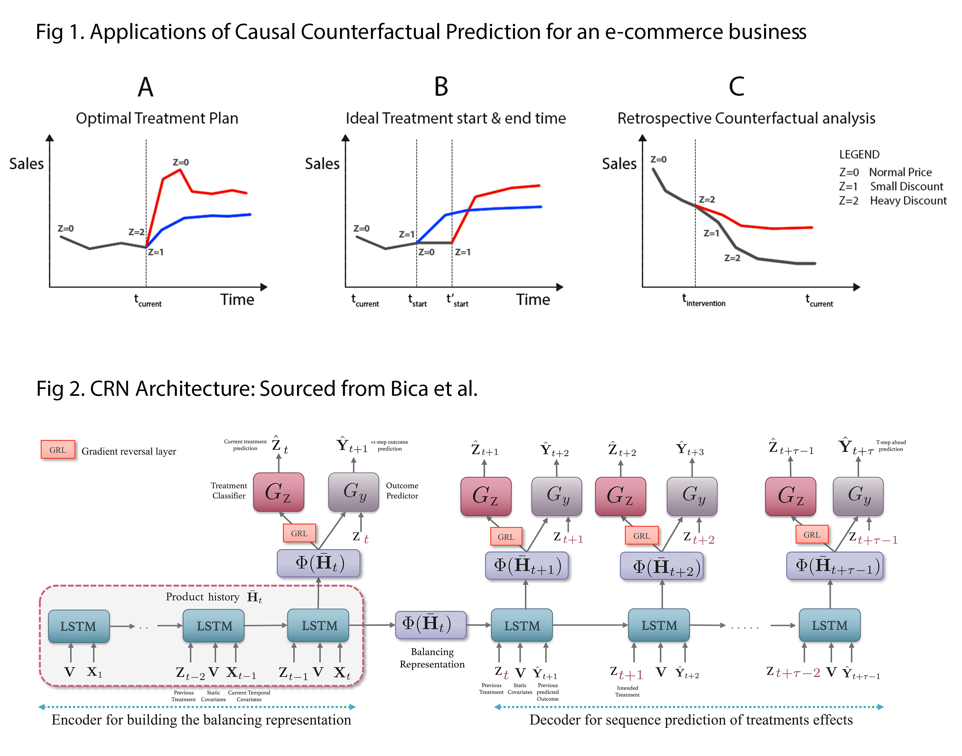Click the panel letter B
441,87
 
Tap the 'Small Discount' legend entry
906,186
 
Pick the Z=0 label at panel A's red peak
180,162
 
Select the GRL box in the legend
58,450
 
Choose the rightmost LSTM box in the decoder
829,625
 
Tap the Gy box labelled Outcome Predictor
353,492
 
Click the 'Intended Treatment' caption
627,691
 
